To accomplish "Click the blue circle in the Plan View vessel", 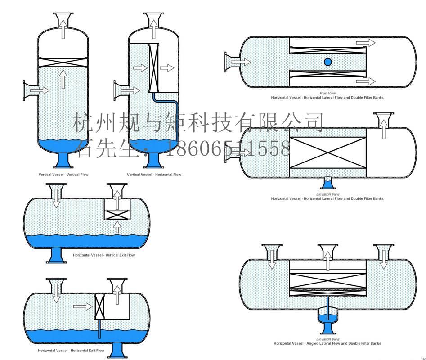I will point(327,62).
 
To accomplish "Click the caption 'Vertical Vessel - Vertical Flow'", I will point(63,175).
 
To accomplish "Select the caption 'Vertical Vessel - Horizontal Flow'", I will point(154,175).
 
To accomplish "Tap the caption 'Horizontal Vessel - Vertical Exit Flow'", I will point(103,255).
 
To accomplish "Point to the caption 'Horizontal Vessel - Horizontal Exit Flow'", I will point(71,351).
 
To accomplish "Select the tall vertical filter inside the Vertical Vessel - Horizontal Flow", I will point(154,68).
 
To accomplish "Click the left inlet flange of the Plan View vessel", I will point(231,62).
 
